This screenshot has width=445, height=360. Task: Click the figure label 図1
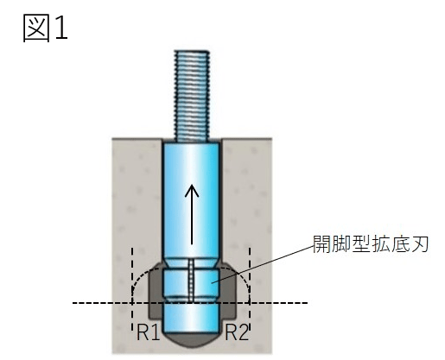click(45, 28)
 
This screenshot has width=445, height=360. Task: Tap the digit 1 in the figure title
click(61, 28)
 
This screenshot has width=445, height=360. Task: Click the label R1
click(148, 332)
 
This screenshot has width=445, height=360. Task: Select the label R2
click(236, 332)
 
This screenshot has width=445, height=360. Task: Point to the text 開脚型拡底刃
click(371, 244)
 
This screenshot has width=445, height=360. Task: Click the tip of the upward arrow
click(192, 186)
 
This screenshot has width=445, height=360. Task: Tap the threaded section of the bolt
click(192, 96)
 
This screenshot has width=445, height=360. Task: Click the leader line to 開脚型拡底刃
click(263, 265)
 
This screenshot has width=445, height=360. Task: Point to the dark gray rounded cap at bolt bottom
click(191, 340)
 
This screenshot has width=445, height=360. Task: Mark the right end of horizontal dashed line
click(308, 303)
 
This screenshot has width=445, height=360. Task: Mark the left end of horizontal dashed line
click(73, 303)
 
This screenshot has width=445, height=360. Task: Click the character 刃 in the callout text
click(420, 244)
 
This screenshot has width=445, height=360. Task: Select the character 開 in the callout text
click(321, 244)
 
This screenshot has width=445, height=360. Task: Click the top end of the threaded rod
click(192, 51)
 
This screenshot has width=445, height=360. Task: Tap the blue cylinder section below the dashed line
click(191, 318)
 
